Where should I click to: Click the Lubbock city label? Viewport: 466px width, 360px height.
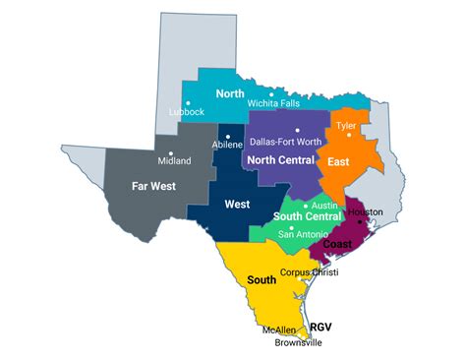click(x=186, y=112)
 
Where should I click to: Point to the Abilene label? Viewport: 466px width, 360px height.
click(x=227, y=144)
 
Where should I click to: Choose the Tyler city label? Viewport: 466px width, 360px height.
click(x=346, y=127)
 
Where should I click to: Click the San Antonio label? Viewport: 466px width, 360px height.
click(x=300, y=234)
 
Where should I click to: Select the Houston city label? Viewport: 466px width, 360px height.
click(x=365, y=212)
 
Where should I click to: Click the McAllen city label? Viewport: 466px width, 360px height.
click(x=276, y=330)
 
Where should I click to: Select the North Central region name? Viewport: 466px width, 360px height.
click(x=280, y=160)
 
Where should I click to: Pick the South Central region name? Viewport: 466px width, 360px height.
click(x=307, y=218)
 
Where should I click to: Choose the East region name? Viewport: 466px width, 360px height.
click(x=338, y=161)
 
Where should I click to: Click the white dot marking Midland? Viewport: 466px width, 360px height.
click(x=171, y=152)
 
